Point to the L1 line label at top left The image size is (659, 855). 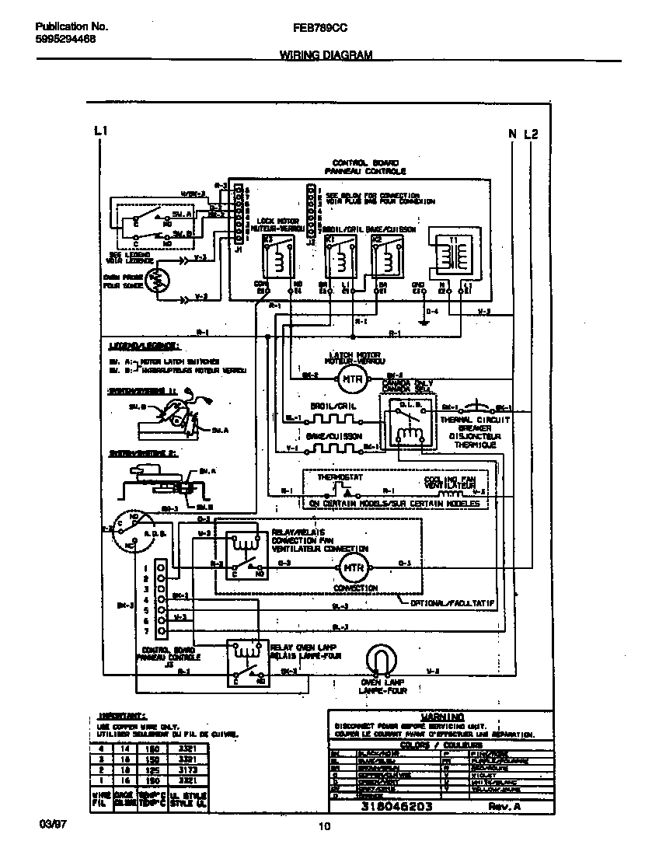(x=99, y=132)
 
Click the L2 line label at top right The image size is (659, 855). (x=531, y=134)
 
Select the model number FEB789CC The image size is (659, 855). (x=320, y=26)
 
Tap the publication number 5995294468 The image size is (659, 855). (x=66, y=38)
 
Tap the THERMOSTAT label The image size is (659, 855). (x=336, y=478)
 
